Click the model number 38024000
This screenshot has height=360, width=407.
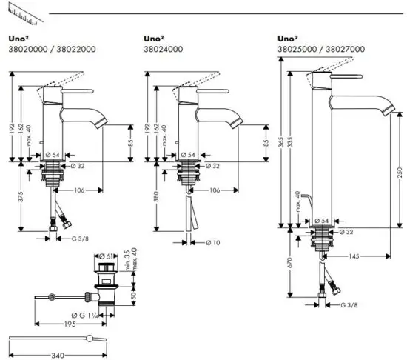click(163, 49)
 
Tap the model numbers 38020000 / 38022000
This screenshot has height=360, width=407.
click(43, 49)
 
